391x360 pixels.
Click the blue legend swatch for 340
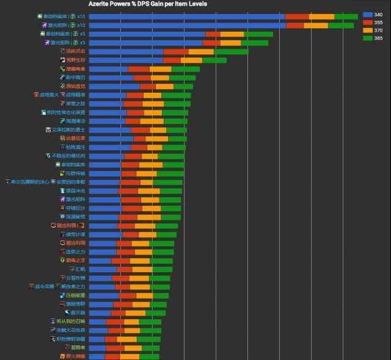pyautogui.click(x=368, y=14)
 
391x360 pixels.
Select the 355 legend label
pyautogui.click(x=379, y=22)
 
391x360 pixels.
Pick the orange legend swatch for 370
pyautogui.click(x=368, y=30)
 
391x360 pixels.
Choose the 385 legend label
pyautogui.click(x=379, y=38)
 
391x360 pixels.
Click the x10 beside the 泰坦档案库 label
pyautogui.click(x=81, y=16)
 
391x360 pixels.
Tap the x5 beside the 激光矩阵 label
pyautogui.click(x=82, y=43)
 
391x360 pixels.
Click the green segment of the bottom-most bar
pyautogui.click(x=150, y=356)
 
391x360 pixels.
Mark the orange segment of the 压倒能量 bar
pyautogui.click(x=145, y=295)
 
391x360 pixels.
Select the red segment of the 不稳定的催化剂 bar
pyautogui.click(x=133, y=156)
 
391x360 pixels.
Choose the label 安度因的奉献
pyautogui.click(x=71, y=182)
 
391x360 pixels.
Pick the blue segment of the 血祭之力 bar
pyautogui.click(x=103, y=252)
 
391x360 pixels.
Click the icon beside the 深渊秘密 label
pyautogui.click(x=62, y=217)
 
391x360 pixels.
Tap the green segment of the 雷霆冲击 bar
pyautogui.click(x=170, y=191)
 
